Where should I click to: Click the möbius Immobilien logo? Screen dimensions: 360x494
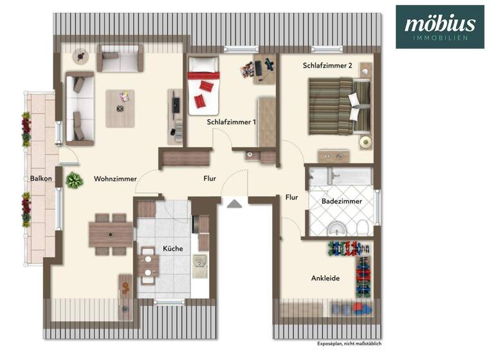[x=440, y=27]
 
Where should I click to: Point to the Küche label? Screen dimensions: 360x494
[x=173, y=248]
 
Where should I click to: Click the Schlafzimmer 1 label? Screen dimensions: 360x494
[x=232, y=122]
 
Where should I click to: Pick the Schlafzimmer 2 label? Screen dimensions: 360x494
[x=329, y=65]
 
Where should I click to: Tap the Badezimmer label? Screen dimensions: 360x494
[x=342, y=201]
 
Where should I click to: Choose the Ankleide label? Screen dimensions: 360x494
[x=325, y=278]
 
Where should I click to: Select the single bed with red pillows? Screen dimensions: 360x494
[x=204, y=85]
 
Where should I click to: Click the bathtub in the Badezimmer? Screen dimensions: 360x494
[x=340, y=176]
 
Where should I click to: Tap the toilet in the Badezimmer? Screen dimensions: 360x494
[x=363, y=227]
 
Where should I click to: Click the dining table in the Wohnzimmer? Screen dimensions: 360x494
[x=110, y=234]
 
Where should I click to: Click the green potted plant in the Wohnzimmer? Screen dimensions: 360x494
[x=75, y=181]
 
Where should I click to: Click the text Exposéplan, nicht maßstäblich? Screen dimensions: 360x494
[x=353, y=344]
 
